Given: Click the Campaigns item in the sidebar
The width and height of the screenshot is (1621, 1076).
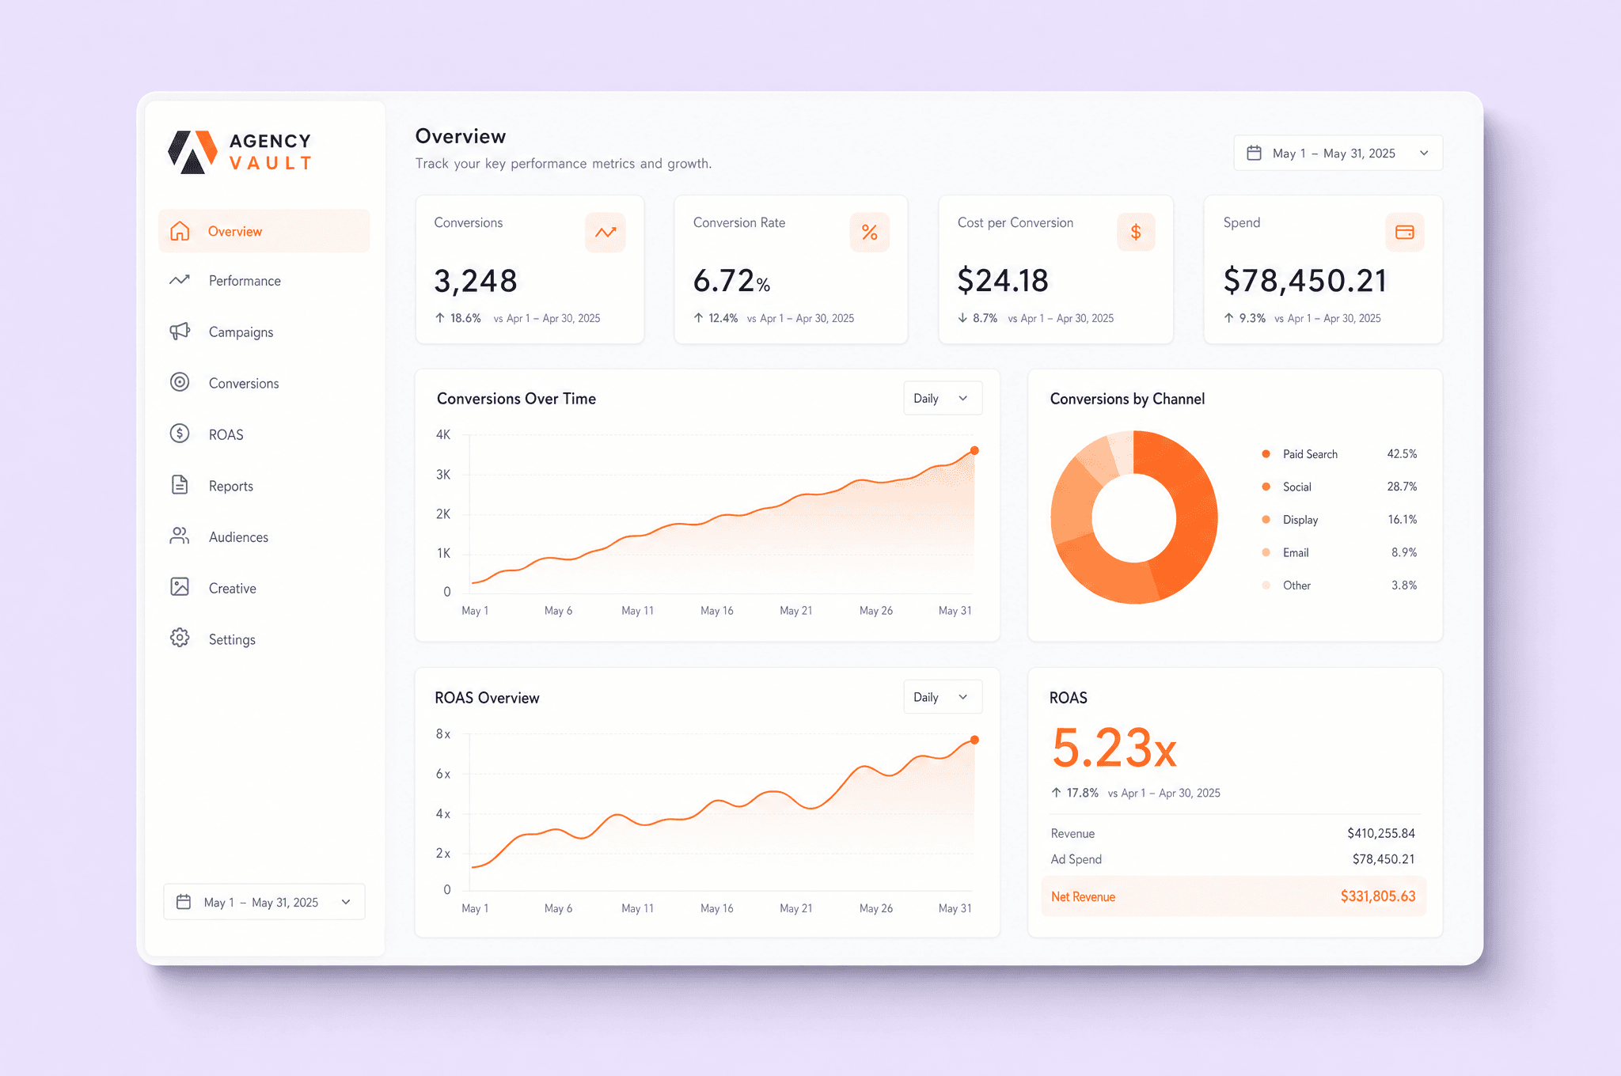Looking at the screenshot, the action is [x=241, y=332].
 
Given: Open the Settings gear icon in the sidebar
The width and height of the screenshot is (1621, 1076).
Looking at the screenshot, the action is [x=180, y=638].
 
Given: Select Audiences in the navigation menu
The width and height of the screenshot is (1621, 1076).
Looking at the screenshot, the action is [x=238, y=537].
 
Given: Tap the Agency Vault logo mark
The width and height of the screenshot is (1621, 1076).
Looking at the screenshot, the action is [x=192, y=152].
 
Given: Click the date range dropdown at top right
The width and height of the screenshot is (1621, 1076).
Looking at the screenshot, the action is [x=1338, y=153].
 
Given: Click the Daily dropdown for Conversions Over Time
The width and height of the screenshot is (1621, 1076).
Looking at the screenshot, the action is [x=943, y=398].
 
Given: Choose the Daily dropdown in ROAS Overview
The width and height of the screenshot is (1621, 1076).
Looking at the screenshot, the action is [x=943, y=697].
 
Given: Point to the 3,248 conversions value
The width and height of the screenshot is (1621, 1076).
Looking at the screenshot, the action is [x=476, y=281].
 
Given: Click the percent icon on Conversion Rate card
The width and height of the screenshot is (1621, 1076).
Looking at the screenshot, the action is [x=870, y=232].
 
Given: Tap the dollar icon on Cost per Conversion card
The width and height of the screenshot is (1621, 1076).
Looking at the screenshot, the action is [x=1136, y=232].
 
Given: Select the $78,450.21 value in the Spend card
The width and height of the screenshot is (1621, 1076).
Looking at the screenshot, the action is [x=1305, y=281].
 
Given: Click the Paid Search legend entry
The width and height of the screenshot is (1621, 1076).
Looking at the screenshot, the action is [x=1310, y=454].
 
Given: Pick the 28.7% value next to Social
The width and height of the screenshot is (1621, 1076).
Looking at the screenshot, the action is [x=1402, y=487].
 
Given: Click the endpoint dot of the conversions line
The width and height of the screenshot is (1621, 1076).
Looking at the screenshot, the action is [x=974, y=450].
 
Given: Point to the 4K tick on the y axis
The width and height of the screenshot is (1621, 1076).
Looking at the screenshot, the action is [x=443, y=434].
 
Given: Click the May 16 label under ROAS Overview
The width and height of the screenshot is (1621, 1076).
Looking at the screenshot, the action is [x=717, y=908].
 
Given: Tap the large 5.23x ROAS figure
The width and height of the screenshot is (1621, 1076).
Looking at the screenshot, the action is [x=1114, y=748].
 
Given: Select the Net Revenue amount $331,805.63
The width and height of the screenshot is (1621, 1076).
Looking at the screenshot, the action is [x=1378, y=896].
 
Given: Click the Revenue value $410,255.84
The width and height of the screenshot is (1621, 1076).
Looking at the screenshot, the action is [x=1381, y=833].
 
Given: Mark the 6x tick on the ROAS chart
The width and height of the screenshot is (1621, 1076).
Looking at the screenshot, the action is [x=443, y=774].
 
